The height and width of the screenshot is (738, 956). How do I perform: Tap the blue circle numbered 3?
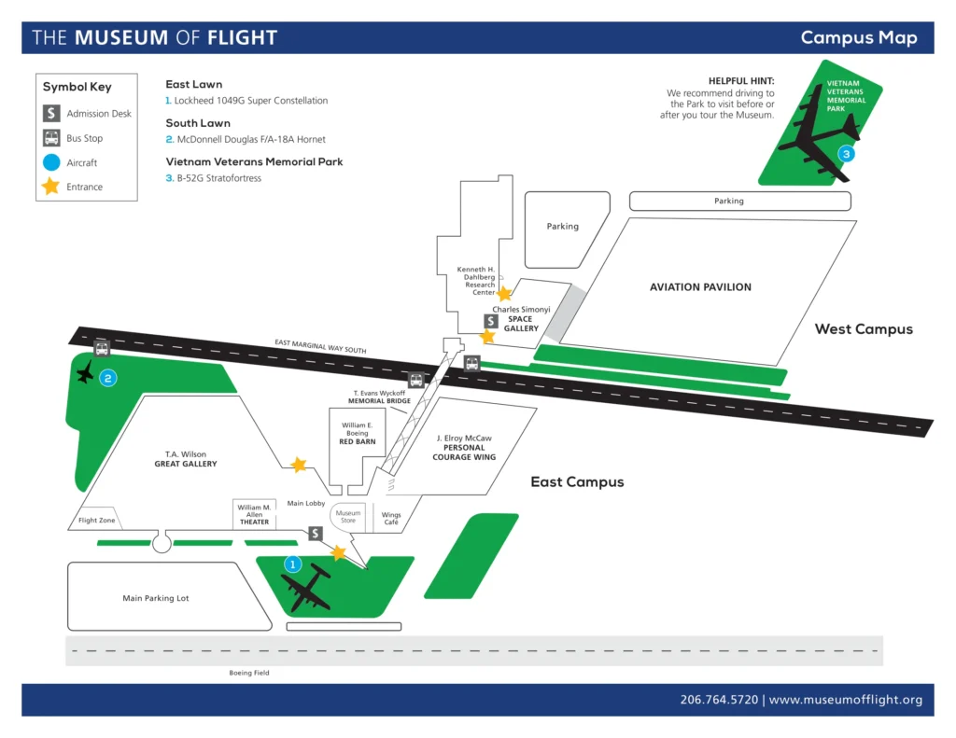point(846,154)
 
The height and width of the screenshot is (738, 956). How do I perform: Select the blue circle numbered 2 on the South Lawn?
point(108,378)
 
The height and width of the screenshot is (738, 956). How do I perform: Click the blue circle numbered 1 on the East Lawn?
point(291,564)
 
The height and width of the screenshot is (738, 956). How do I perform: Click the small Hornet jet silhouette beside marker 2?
point(86,372)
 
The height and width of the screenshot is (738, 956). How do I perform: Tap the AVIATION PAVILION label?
point(700,287)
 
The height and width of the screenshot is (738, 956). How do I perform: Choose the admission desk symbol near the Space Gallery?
point(491,321)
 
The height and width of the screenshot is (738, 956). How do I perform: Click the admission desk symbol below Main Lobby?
point(316,534)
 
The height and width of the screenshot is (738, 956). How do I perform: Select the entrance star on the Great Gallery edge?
point(298,464)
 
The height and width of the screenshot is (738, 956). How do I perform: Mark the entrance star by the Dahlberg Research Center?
point(504,293)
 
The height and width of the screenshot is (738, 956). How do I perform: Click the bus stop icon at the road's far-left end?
point(102,349)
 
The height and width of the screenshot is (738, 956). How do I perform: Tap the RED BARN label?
point(358,441)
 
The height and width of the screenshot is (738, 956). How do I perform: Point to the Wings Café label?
point(391,519)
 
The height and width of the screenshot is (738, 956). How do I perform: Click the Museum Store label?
point(348,517)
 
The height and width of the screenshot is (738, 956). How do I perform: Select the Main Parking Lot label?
point(156,598)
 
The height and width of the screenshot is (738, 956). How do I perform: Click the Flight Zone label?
point(97,520)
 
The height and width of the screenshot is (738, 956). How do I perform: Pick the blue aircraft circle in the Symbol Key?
point(52,162)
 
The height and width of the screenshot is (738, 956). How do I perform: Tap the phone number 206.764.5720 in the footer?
point(720,700)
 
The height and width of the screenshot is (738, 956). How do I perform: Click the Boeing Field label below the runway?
point(249,673)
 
